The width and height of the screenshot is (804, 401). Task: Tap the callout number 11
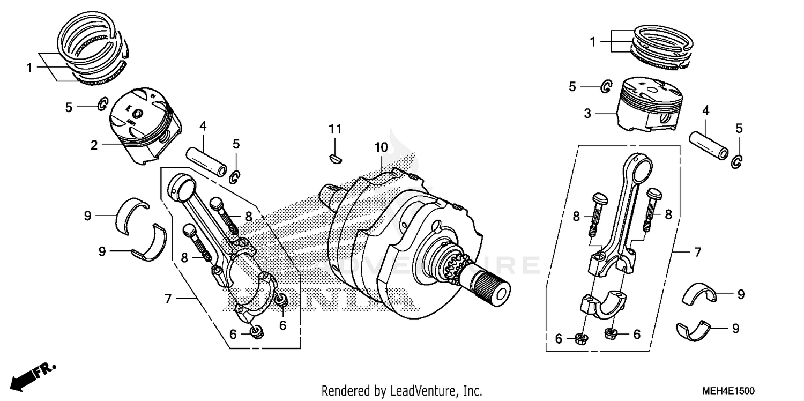click(x=335, y=129)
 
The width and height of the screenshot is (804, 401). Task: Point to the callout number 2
click(x=94, y=145)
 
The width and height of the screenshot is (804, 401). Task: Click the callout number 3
click(x=587, y=113)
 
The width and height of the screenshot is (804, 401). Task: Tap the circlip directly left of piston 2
click(x=102, y=105)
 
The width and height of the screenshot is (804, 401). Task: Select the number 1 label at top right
click(x=593, y=42)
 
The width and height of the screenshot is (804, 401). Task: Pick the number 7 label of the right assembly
click(x=697, y=251)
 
